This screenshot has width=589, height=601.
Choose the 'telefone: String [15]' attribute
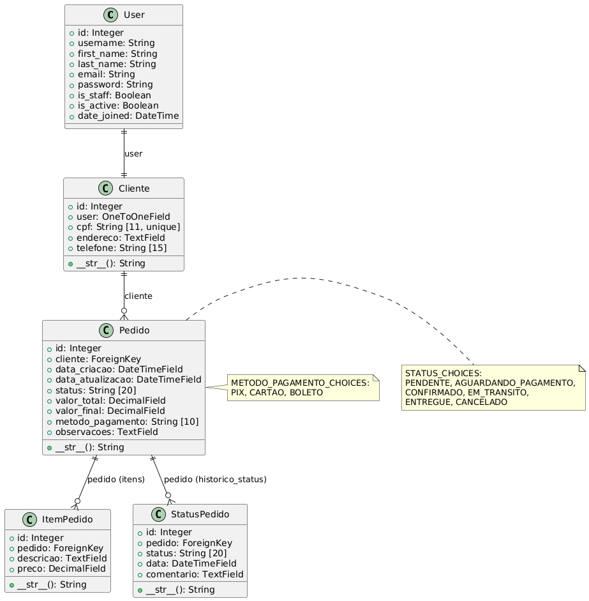coord(116,247)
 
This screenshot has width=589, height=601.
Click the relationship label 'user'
coord(133,154)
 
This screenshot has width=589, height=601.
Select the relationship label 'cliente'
coord(138,296)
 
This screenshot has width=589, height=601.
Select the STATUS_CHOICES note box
coord(493,388)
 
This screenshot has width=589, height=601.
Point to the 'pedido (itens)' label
coord(116,480)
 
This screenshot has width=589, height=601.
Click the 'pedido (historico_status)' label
coord(215,479)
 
